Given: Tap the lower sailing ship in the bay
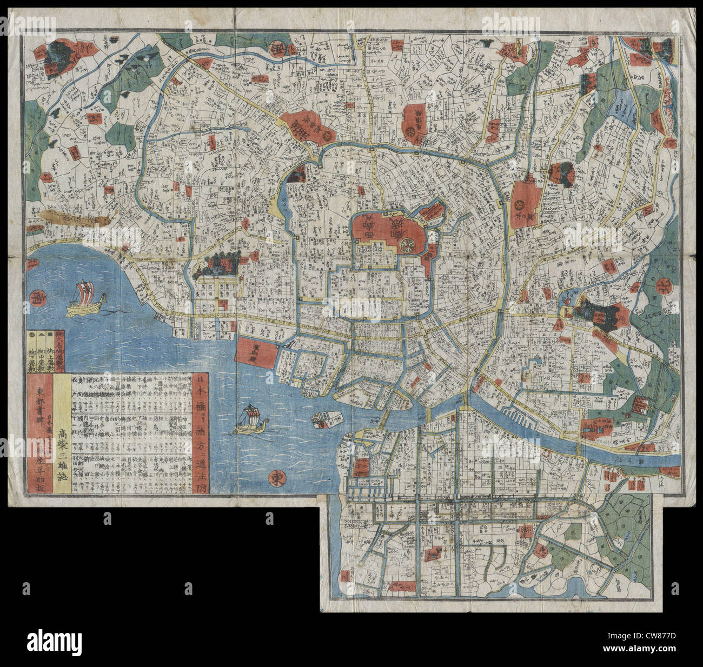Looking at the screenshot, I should coord(249,420).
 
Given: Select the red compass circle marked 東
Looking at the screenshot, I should coord(278,477).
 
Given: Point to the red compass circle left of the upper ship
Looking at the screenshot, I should coord(38,296).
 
